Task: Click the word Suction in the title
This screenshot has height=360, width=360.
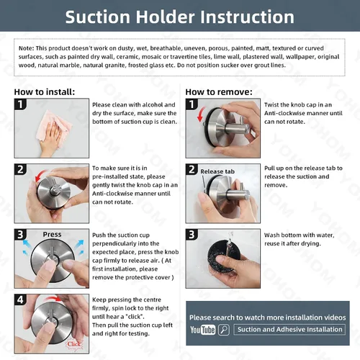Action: [x=98, y=17]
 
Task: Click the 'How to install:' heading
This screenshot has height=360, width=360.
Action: [x=45, y=92]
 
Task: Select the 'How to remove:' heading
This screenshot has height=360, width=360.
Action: [x=219, y=92]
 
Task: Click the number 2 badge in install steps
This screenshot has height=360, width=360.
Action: [x=20, y=169]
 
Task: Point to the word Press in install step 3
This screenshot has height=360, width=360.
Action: [x=52, y=234]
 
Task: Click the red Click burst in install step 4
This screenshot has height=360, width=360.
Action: [x=74, y=344]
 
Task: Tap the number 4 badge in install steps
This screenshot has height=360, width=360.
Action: [x=20, y=300]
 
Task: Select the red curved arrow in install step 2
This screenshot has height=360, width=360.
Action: [x=40, y=176]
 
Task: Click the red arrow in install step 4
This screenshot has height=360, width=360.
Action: [x=54, y=298]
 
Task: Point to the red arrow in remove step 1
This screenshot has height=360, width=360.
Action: [x=201, y=114]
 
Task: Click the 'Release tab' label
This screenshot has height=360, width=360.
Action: [x=217, y=171]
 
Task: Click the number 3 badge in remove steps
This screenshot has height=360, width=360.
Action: [x=192, y=235]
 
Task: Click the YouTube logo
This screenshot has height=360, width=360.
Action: [x=203, y=330]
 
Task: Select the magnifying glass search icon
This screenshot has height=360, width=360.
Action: [x=224, y=330]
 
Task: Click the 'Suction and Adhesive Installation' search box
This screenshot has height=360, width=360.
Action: [x=289, y=330]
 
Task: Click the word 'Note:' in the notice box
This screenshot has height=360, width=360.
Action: [x=27, y=48]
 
